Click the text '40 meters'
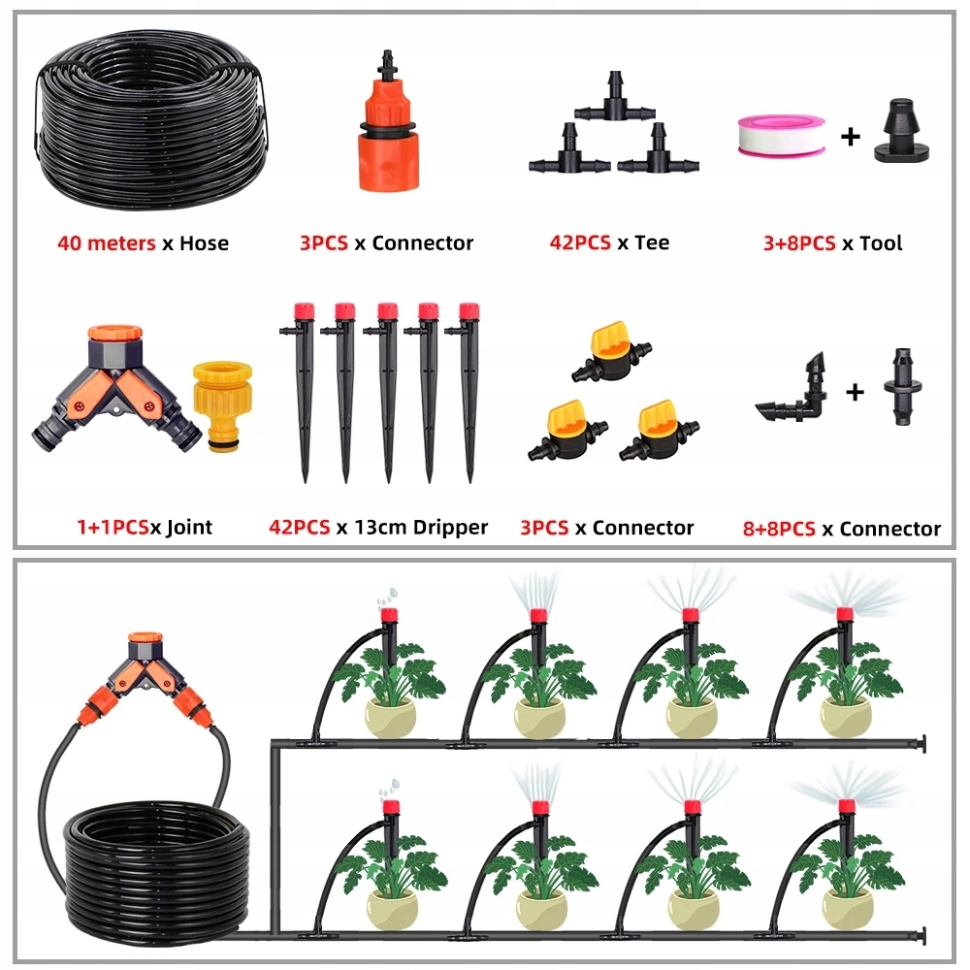pos(107,243)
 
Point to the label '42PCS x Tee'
pos(609,242)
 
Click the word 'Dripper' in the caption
pos(450,528)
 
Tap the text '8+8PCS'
pos(779,529)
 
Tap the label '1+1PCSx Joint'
pos(145,527)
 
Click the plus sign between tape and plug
pos(851,136)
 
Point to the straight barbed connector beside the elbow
pos(903,387)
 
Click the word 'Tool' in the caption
pos(881,243)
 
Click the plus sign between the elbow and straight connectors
pos(855,392)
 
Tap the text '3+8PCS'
pos(799,243)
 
